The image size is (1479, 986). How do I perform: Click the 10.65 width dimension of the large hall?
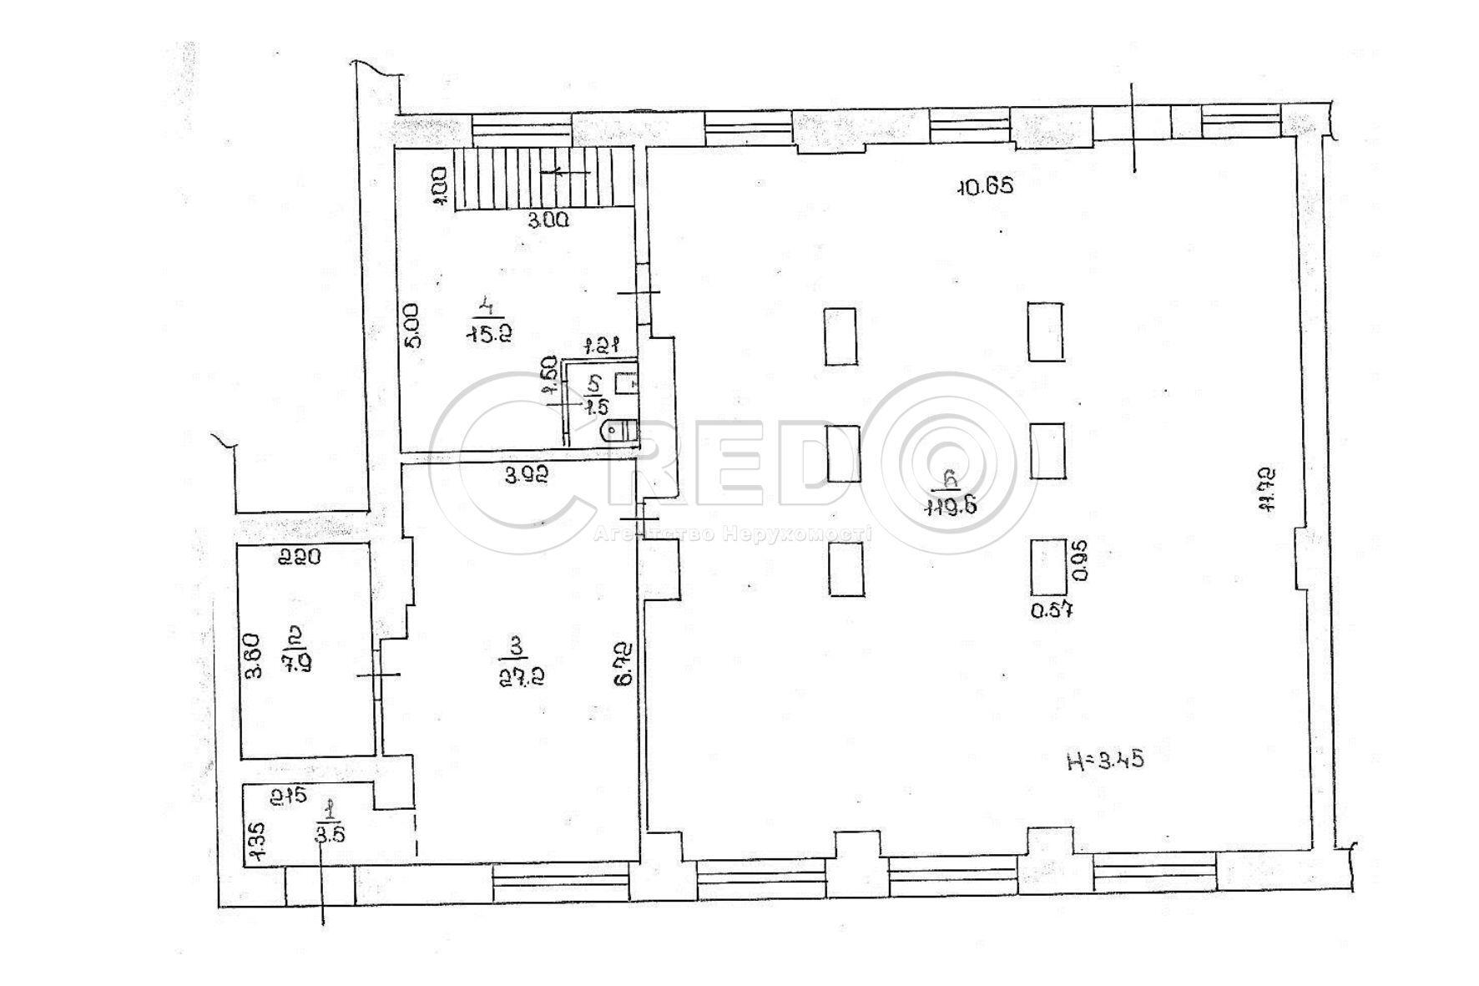pyautogui.click(x=984, y=186)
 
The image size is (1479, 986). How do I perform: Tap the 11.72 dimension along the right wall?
pyautogui.click(x=1267, y=489)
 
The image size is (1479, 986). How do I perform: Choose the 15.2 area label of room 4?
pyautogui.click(x=490, y=333)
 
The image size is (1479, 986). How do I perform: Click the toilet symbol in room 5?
pyautogui.click(x=618, y=431)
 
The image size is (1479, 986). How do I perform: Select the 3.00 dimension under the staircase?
pyautogui.click(x=548, y=220)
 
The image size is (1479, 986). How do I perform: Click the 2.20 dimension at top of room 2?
pyautogui.click(x=300, y=556)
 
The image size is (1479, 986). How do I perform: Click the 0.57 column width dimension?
pyautogui.click(x=1051, y=610)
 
